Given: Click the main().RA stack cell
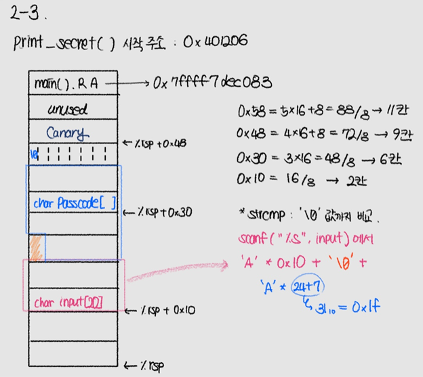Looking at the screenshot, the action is [x=66, y=84].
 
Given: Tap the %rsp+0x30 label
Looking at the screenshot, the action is [x=158, y=212].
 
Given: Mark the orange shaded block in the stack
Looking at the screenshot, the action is [x=36, y=246].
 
